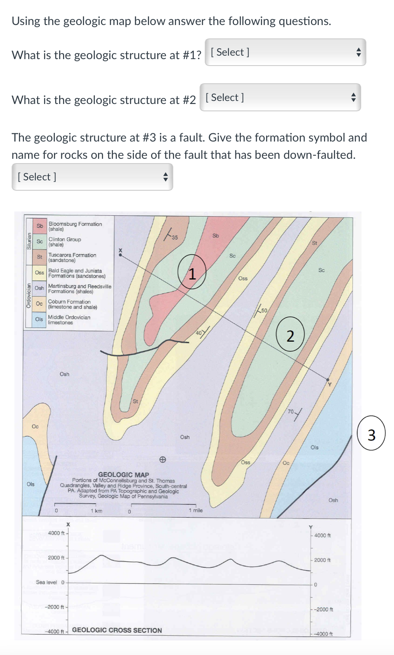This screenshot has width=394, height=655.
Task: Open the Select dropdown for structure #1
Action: click(x=285, y=53)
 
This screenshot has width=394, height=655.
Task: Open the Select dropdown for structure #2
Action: click(x=280, y=98)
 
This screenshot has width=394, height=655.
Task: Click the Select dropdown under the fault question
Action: click(x=92, y=177)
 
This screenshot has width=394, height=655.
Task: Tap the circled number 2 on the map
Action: click(x=290, y=336)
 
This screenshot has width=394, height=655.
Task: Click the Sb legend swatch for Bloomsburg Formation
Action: click(x=40, y=226)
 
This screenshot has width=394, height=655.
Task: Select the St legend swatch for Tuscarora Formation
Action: click(x=40, y=257)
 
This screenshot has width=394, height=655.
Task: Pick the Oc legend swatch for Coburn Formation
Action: click(x=39, y=304)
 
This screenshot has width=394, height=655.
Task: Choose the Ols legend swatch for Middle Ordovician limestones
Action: click(x=39, y=319)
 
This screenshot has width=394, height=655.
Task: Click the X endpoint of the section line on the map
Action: click(x=121, y=255)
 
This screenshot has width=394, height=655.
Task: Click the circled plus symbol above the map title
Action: click(x=162, y=460)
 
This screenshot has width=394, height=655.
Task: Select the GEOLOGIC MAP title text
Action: click(x=124, y=475)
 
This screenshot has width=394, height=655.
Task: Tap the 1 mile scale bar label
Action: click(x=195, y=510)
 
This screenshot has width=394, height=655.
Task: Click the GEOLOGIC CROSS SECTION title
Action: click(x=117, y=630)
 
